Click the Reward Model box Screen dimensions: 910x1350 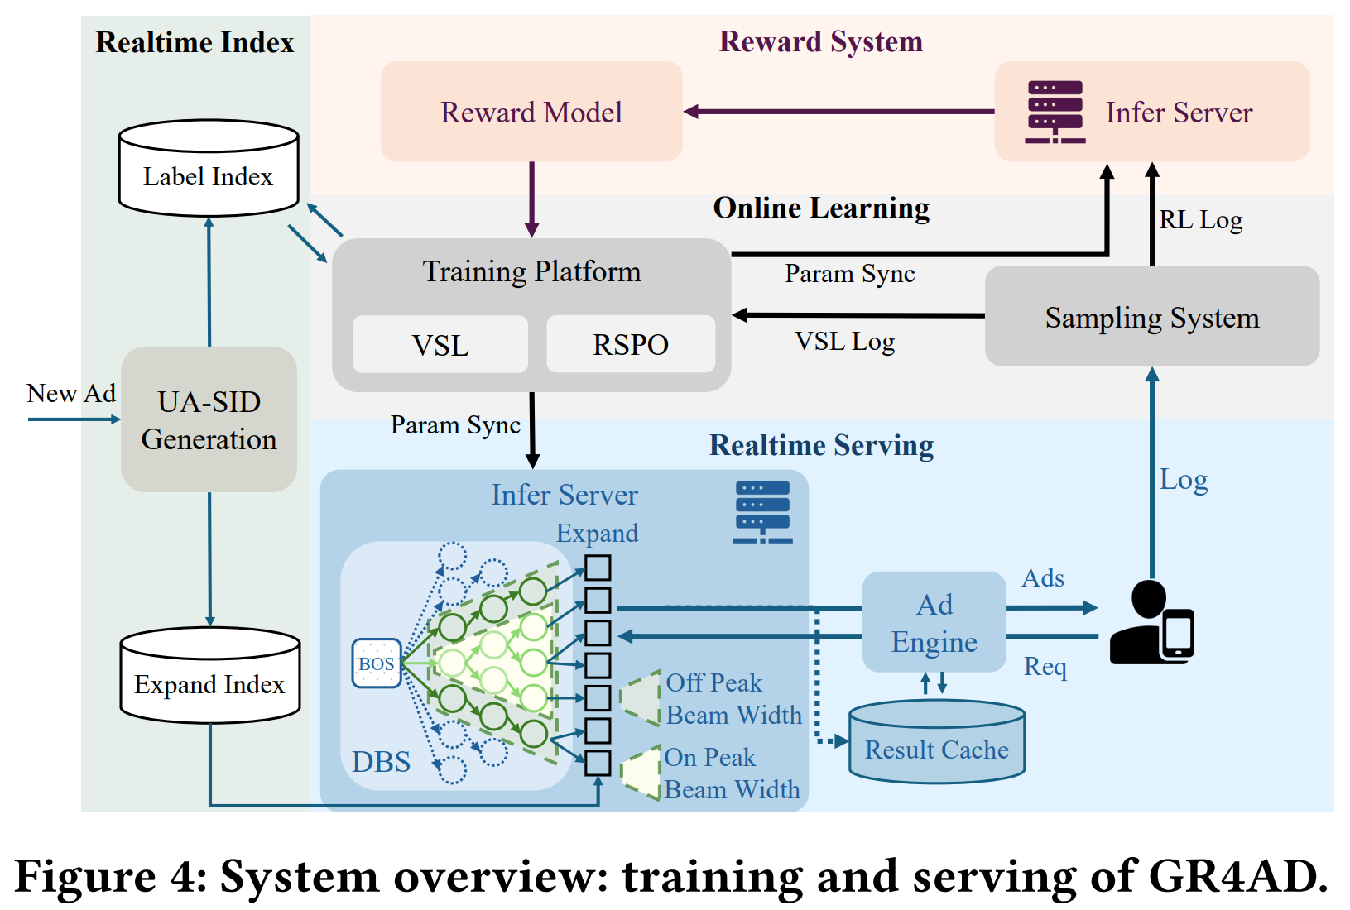tap(531, 112)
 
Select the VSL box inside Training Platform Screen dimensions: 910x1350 tap(440, 344)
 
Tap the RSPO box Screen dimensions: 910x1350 tap(631, 344)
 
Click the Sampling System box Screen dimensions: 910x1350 tap(1151, 317)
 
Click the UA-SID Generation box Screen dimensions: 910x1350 tap(209, 419)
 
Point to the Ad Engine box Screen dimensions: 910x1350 tap(934, 622)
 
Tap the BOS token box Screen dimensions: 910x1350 tap(377, 663)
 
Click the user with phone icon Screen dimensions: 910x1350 tap(1151, 622)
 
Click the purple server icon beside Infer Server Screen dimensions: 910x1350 tap(1055, 112)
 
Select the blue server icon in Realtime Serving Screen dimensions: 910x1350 tap(762, 512)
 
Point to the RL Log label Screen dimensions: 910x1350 tap(1200, 220)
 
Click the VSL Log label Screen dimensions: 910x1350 tap(845, 342)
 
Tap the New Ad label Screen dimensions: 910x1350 tap(71, 393)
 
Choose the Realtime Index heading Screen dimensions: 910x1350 tap(195, 42)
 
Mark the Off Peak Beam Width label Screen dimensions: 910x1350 tap(733, 699)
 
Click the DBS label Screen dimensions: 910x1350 tap(381, 762)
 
